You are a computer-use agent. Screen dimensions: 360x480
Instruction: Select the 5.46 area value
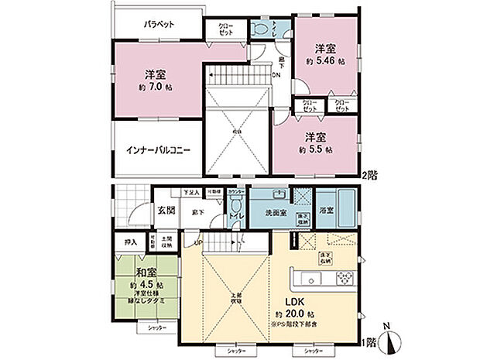pos(330,60)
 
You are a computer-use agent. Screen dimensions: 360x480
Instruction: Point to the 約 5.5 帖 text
pos(317,149)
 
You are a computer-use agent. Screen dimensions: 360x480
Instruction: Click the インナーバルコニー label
pos(158,149)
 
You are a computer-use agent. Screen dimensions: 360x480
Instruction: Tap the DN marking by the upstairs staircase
pos(276,76)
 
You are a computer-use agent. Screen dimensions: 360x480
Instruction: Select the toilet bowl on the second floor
pos(262,29)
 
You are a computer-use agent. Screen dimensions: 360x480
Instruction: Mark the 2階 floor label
pos(371,175)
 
